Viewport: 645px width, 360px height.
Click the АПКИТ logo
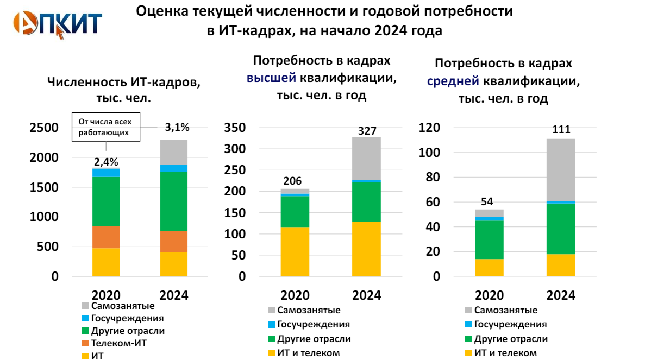(x=58, y=23)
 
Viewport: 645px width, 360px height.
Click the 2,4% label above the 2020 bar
(x=106, y=161)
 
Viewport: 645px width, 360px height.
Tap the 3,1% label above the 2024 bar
(x=177, y=128)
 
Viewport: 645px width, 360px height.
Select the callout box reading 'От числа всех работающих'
(x=106, y=127)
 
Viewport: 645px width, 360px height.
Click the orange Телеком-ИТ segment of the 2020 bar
(x=106, y=237)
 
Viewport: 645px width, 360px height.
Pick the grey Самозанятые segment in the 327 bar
(x=366, y=158)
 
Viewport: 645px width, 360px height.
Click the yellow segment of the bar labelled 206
(x=295, y=251)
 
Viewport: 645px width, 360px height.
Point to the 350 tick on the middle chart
(x=235, y=128)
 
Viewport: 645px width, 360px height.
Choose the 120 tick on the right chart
(x=429, y=128)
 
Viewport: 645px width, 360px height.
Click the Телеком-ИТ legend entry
(x=119, y=343)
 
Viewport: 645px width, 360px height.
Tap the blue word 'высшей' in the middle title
(x=272, y=78)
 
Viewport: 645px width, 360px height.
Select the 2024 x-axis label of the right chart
(x=560, y=295)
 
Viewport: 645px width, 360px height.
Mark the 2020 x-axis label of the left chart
(x=106, y=295)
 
